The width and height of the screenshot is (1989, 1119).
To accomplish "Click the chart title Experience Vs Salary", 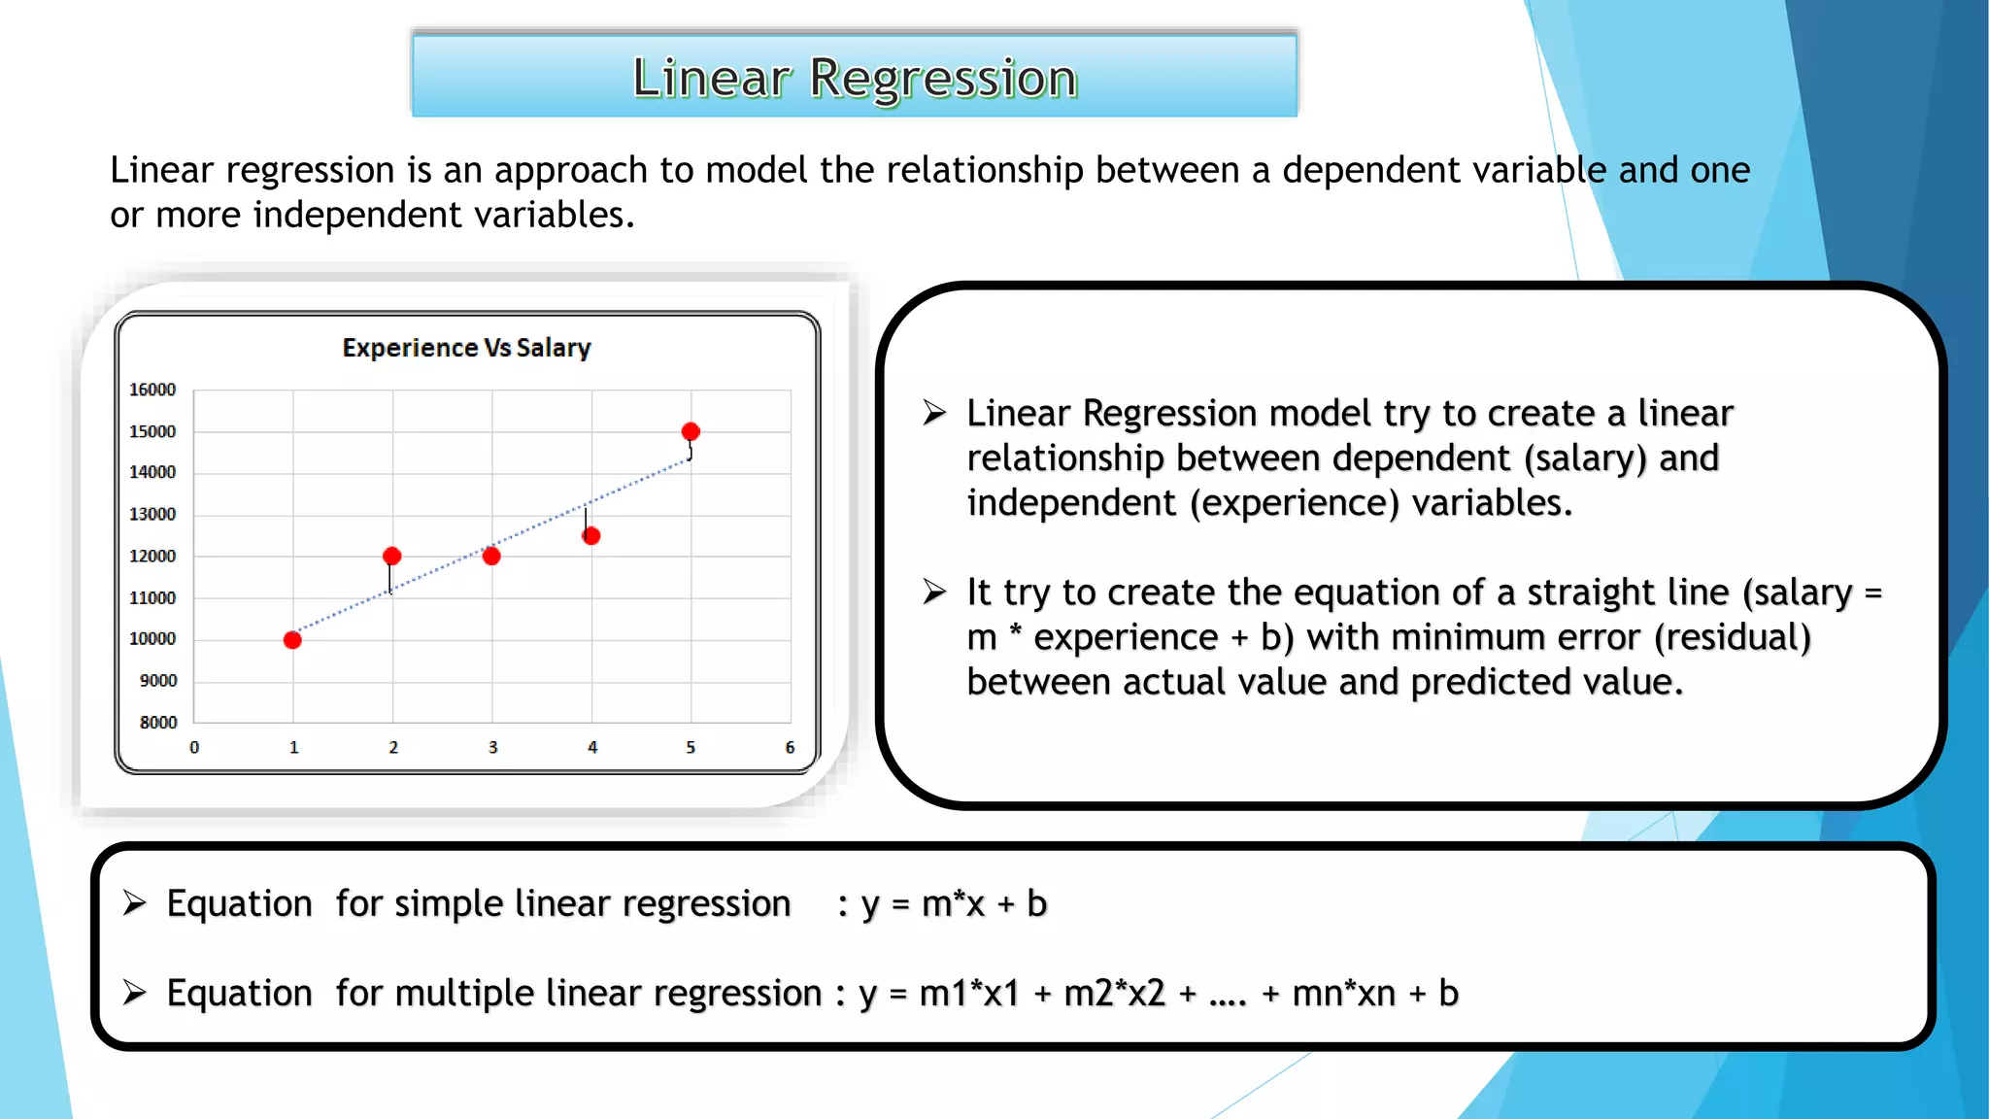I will pyautogui.click(x=466, y=348).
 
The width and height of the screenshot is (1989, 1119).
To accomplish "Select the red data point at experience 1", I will pyautogui.click(x=292, y=639).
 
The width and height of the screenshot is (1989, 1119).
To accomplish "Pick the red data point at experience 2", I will pyautogui.click(x=391, y=556).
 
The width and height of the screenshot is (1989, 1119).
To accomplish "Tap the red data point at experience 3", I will pyautogui.click(x=491, y=556).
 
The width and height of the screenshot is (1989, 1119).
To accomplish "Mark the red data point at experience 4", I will pyautogui.click(x=591, y=535).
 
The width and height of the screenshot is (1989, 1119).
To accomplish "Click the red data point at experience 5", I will pyautogui.click(x=691, y=431).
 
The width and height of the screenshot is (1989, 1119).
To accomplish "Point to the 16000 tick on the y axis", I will pyautogui.click(x=152, y=390).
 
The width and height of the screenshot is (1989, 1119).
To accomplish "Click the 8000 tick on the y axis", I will pyautogui.click(x=158, y=722).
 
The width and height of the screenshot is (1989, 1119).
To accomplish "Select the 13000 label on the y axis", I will pyautogui.click(x=152, y=514).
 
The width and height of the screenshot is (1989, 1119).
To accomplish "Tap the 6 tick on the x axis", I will pyautogui.click(x=790, y=747).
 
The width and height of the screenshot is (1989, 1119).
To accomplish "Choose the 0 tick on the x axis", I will pyautogui.click(x=194, y=747).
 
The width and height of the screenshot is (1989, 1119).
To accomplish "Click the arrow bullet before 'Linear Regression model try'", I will pyautogui.click(x=934, y=413).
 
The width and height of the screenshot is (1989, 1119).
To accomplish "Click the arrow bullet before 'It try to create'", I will pyautogui.click(x=934, y=592).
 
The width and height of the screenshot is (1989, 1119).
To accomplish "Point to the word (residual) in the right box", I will pyautogui.click(x=1733, y=637).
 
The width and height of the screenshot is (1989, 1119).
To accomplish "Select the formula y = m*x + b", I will pyautogui.click(x=954, y=903).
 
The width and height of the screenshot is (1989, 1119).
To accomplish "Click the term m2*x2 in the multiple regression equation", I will pyautogui.click(x=1114, y=993).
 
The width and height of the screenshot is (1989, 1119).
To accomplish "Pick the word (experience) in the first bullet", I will pyautogui.click(x=1294, y=503).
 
